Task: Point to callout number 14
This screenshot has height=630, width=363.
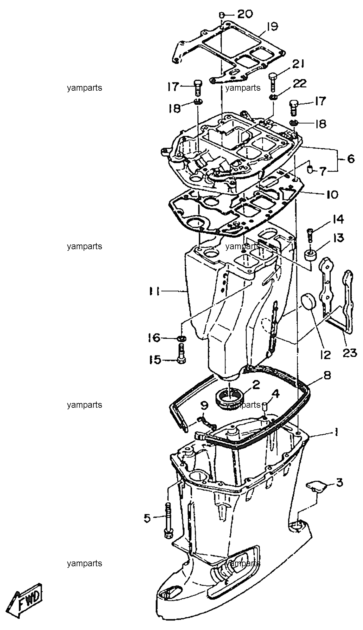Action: coord(338,219)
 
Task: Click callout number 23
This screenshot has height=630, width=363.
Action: coord(350,352)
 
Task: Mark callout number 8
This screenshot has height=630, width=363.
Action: coord(327,375)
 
